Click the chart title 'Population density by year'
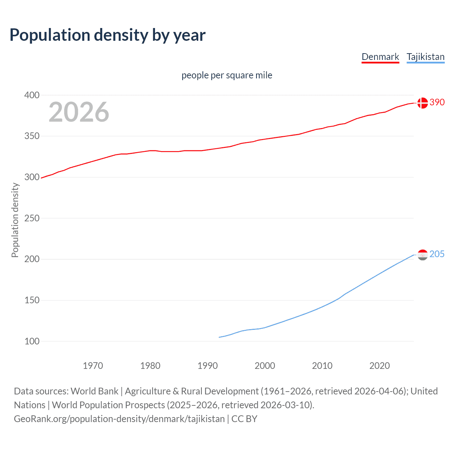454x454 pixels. click(107, 35)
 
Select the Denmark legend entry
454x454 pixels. click(380, 57)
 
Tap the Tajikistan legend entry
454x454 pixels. click(425, 57)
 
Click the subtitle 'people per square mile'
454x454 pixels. click(227, 75)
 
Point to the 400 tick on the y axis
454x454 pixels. click(32, 95)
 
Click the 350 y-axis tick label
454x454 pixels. click(32, 136)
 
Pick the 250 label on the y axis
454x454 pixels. click(32, 218)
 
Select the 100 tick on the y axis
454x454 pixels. click(32, 341)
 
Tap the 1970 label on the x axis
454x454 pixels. click(93, 366)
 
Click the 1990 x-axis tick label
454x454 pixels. click(207, 366)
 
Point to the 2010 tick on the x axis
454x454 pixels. click(322, 366)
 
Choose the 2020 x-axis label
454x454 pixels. click(380, 366)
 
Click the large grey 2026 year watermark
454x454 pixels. click(79, 112)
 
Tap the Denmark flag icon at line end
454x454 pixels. click(422, 103)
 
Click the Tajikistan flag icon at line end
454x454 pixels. click(422, 255)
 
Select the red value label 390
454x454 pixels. click(437, 103)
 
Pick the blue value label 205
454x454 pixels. click(437, 254)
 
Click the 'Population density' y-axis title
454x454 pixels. click(15, 220)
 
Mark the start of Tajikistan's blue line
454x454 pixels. click(220, 337)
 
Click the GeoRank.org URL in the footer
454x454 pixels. click(119, 419)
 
